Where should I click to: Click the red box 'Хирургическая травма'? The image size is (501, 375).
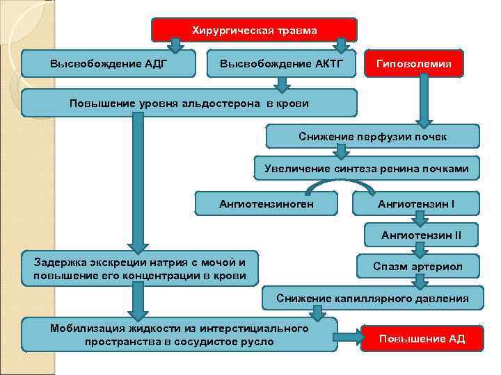[x=254, y=31]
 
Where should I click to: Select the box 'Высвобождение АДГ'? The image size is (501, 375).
[x=108, y=64]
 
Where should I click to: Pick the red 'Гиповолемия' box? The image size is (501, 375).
[x=414, y=64]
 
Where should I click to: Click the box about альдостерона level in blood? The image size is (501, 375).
[x=189, y=103]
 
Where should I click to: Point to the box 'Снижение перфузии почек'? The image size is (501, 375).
[x=372, y=137]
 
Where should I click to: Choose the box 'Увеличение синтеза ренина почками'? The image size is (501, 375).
[x=367, y=169]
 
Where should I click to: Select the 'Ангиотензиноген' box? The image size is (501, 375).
[x=267, y=203]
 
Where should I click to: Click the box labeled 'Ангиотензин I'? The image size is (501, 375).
[x=415, y=203]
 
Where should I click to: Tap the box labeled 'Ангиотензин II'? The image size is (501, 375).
[x=420, y=235]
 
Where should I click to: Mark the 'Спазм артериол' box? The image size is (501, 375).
[x=417, y=267]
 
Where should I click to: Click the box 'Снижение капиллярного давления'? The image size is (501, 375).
[x=372, y=298]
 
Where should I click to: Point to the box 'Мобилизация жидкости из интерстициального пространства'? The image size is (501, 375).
[x=179, y=334]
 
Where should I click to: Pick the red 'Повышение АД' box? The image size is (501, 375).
[x=422, y=339]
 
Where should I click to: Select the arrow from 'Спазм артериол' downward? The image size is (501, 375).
[x=420, y=282]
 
